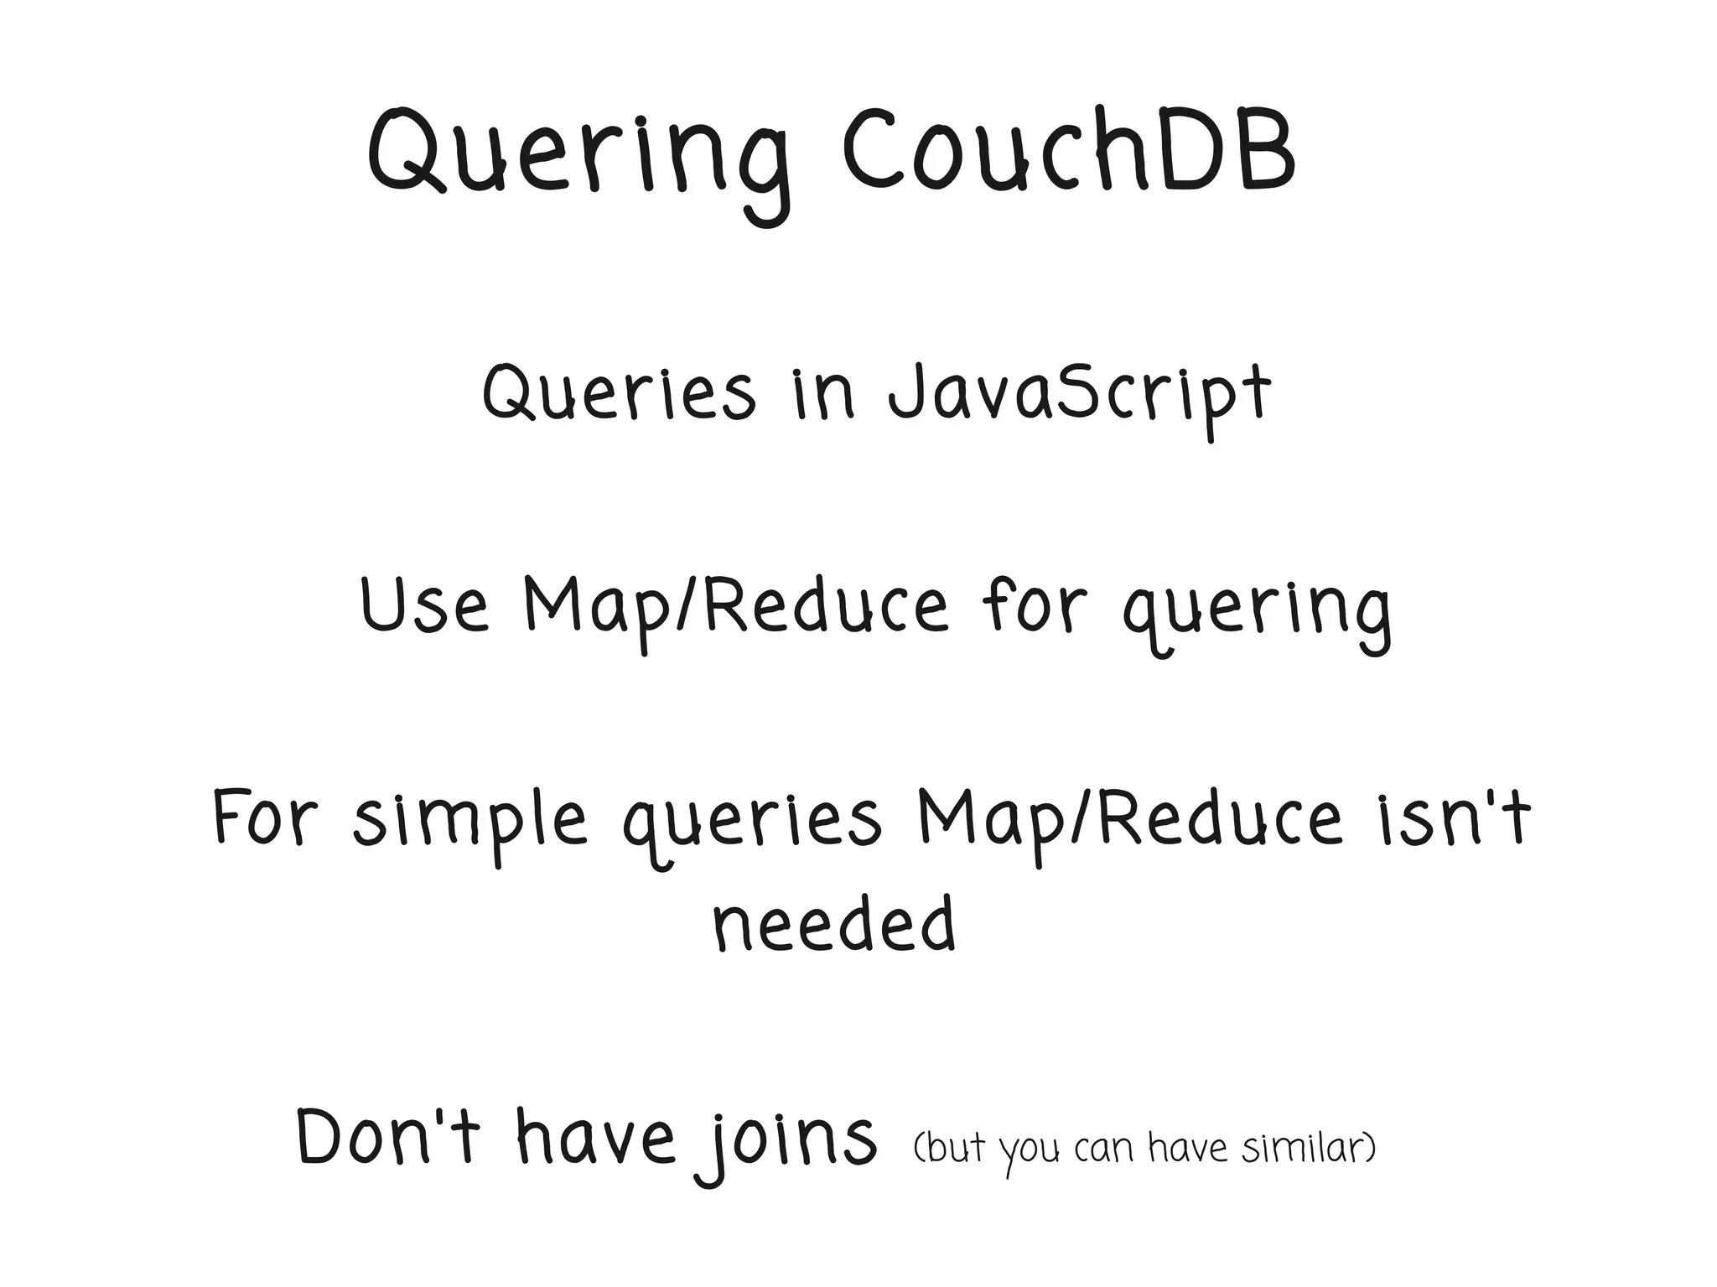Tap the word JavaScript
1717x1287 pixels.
(1079, 394)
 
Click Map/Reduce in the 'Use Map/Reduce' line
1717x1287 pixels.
(735, 605)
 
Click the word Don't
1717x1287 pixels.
(389, 1138)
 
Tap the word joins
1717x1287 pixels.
(788, 1140)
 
